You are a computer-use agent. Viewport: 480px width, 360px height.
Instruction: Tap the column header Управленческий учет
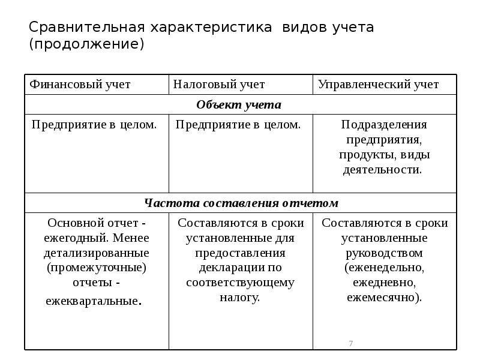pyautogui.click(x=377, y=85)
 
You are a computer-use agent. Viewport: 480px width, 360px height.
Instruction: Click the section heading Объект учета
pyautogui.click(x=239, y=105)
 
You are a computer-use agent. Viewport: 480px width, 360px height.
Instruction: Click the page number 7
pyautogui.click(x=350, y=343)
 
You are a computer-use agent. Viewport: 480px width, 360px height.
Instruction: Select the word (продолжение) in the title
pyautogui.click(x=87, y=44)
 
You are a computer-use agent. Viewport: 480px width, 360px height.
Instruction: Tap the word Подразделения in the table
pyautogui.click(x=384, y=125)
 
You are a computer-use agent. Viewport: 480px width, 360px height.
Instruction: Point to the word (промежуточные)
pyautogui.click(x=97, y=267)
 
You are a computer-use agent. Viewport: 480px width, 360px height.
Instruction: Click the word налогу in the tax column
pyautogui.click(x=240, y=297)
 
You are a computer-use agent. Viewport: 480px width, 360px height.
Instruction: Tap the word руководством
pyautogui.click(x=384, y=253)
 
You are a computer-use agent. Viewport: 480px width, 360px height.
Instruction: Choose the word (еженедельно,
pyautogui.click(x=384, y=267)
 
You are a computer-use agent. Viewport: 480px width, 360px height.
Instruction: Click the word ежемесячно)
pyautogui.click(x=384, y=297)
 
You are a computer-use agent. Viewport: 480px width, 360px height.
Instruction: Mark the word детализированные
pyautogui.click(x=97, y=253)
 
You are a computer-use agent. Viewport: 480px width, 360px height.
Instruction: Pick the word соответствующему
pyautogui.click(x=240, y=282)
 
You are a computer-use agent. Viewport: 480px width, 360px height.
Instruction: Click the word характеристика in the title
pyautogui.click(x=208, y=28)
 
